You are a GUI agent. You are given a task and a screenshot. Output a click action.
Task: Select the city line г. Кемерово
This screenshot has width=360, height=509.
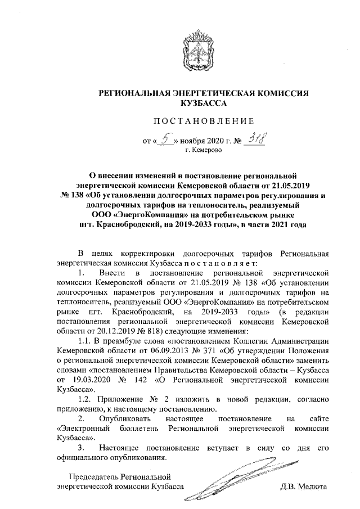(204, 151)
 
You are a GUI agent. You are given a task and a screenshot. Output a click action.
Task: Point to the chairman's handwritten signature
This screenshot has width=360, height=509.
(236, 479)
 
